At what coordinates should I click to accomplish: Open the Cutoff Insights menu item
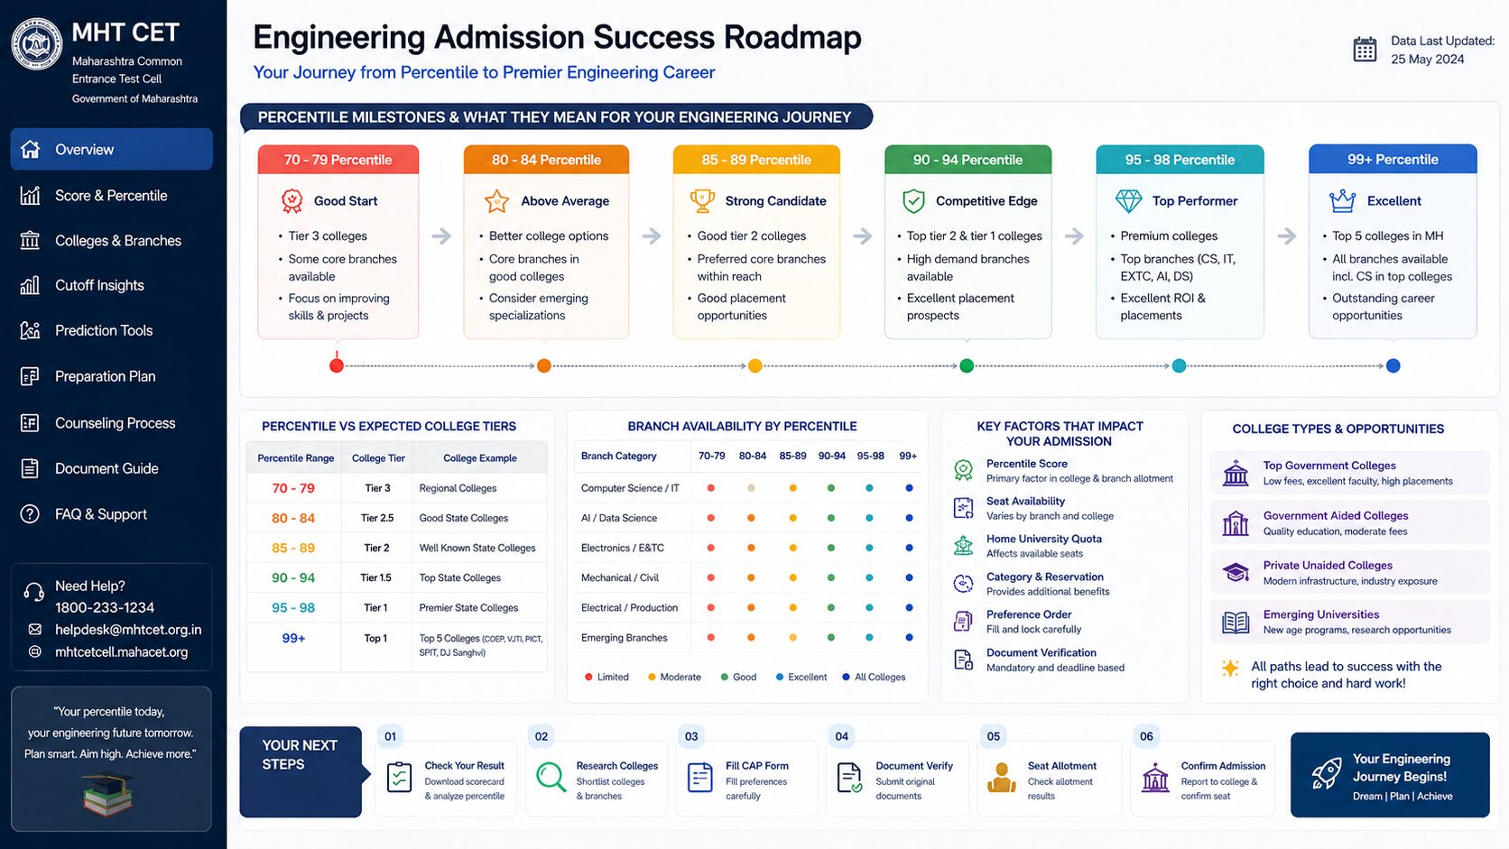(99, 285)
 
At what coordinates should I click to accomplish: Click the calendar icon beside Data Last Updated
(1365, 50)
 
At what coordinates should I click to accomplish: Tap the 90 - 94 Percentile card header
(967, 160)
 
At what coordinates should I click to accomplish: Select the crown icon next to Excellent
(1342, 200)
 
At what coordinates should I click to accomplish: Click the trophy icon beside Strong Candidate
(702, 200)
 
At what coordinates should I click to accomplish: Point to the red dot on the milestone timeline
(337, 365)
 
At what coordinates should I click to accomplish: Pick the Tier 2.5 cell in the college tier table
(377, 518)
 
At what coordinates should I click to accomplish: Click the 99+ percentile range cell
(293, 638)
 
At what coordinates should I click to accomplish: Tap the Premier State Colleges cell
(469, 607)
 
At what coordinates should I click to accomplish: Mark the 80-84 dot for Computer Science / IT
(751, 488)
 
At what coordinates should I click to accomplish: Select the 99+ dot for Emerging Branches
(909, 638)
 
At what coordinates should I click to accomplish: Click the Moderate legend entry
(674, 677)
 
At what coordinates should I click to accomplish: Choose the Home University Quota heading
(1044, 539)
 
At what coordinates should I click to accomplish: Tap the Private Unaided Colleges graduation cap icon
(1236, 572)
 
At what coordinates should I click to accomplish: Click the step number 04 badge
(841, 736)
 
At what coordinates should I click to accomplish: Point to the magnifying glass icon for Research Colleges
(551, 777)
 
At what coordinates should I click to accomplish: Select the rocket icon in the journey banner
(1327, 773)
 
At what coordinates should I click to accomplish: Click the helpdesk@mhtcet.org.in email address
(128, 630)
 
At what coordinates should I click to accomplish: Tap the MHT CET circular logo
(37, 44)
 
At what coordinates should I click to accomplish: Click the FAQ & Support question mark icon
(30, 513)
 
